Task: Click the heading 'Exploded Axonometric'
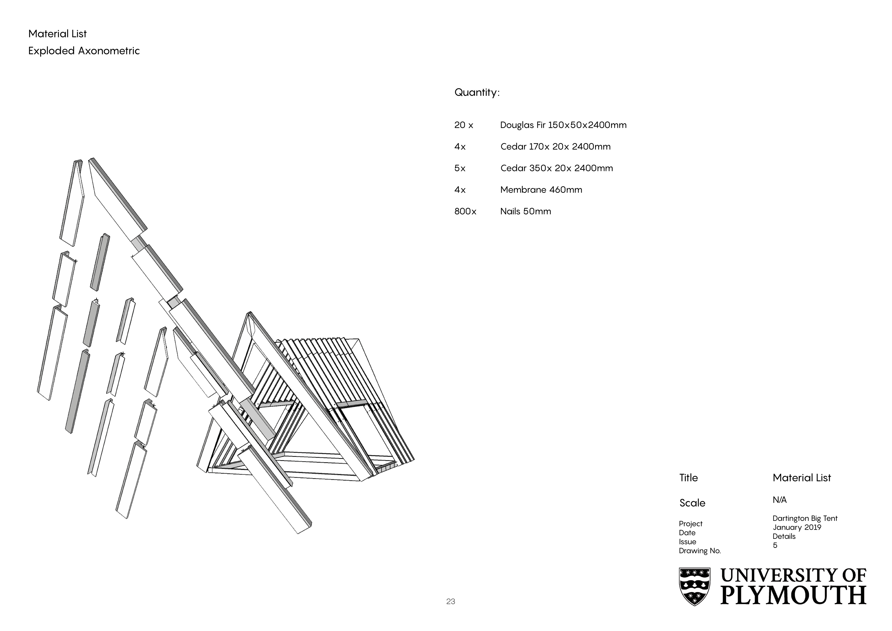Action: pos(84,51)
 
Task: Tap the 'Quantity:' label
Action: pos(477,92)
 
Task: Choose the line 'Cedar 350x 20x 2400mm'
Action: pos(556,168)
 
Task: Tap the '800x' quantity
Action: pos(465,211)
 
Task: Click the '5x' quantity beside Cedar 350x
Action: pos(460,168)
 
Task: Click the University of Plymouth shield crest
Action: pos(694,586)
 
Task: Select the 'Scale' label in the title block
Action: pos(692,503)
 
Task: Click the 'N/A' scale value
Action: pos(779,500)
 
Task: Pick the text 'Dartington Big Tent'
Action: pos(805,518)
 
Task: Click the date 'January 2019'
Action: pos(797,527)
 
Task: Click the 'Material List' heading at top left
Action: pos(58,34)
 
